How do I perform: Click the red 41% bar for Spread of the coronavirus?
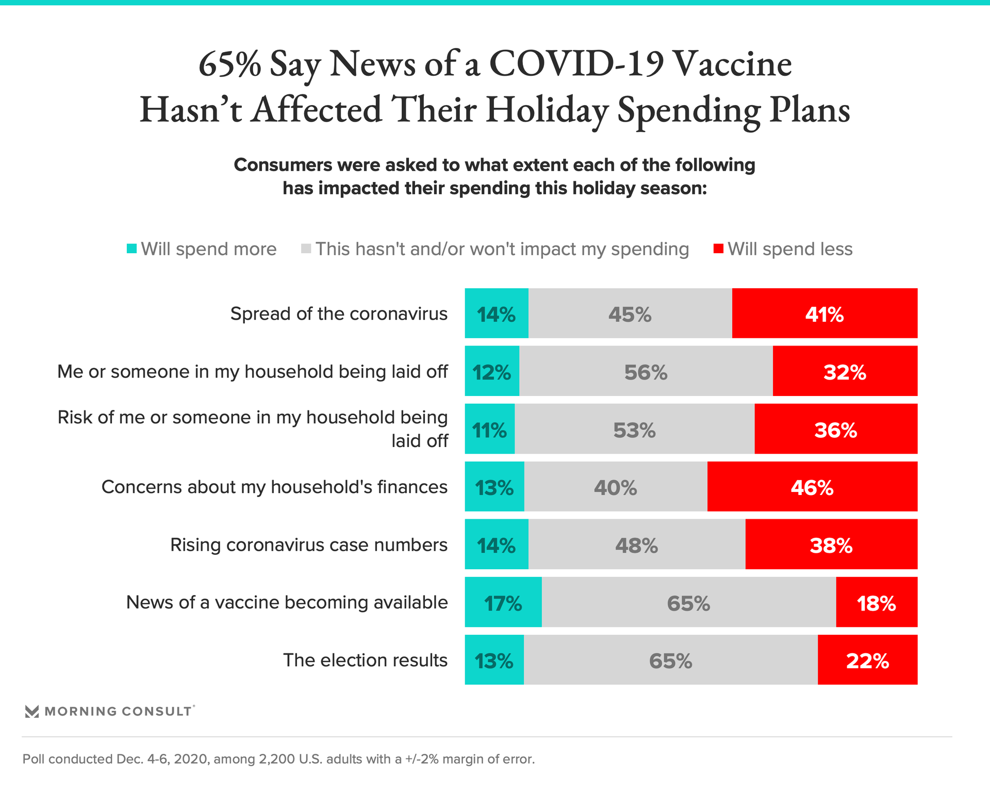824,313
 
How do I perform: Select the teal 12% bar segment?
492,371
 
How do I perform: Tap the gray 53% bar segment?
634,429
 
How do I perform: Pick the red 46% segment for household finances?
812,487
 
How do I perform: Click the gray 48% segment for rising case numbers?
637,544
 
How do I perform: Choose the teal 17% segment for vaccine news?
503,602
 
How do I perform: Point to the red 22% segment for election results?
867,660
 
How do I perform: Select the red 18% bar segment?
877,602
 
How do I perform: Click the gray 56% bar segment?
646,371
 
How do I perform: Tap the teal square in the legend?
132,249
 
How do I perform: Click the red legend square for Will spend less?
718,249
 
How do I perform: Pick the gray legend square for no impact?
306,249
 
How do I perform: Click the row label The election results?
365,660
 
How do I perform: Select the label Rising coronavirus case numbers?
308,544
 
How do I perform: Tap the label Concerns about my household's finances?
274,487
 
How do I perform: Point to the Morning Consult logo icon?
32,712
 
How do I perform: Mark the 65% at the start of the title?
230,65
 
